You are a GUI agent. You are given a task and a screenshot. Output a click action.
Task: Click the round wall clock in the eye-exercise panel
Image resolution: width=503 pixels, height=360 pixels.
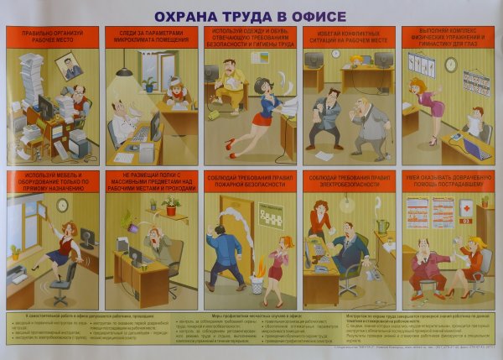451,65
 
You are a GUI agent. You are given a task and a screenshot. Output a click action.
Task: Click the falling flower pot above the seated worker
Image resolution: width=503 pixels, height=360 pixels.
131,222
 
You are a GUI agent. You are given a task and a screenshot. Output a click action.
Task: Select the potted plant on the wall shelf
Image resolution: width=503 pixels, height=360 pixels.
171,206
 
